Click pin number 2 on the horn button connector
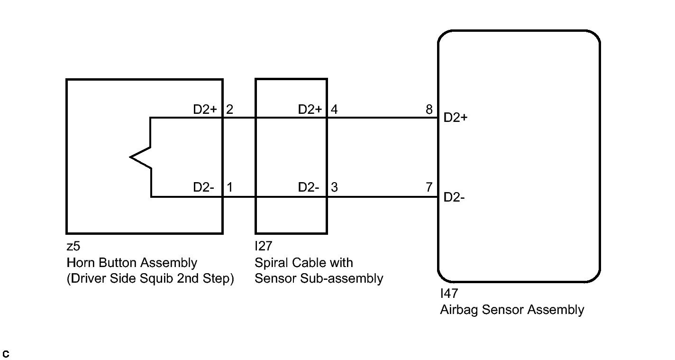tap(229, 110)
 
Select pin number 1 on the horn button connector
tap(229, 187)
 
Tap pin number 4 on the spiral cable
tap(334, 110)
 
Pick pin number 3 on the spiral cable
tap(334, 187)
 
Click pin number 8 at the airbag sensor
tap(429, 110)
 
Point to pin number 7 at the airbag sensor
tap(429, 187)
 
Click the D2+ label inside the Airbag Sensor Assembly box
tap(456, 118)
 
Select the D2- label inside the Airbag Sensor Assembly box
tap(454, 197)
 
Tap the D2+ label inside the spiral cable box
tap(310, 110)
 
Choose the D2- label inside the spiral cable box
tap(308, 187)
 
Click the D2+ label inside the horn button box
tap(205, 110)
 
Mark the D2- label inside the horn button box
tap(203, 187)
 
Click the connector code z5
tap(73, 246)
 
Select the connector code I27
tap(264, 246)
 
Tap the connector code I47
tap(449, 294)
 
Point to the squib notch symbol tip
tap(130, 157)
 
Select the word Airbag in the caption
tap(459, 310)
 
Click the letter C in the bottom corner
tap(6, 354)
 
